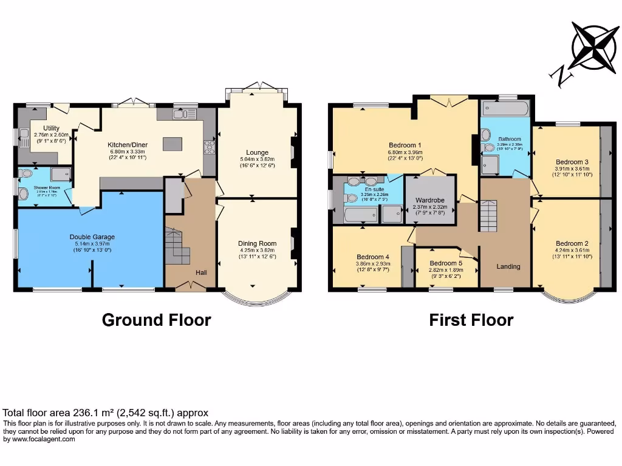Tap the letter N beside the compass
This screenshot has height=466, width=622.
558,75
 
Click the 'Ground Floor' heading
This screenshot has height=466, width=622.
156,320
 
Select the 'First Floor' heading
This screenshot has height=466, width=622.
471,320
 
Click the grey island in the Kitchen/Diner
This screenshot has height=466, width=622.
172,144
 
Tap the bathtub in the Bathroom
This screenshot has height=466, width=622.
505,110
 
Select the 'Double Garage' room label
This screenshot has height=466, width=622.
92,237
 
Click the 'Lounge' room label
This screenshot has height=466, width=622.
258,152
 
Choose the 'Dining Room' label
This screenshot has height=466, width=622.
257,243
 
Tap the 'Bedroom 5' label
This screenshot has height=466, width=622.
442,263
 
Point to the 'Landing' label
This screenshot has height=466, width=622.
508,266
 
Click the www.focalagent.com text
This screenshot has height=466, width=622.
44,439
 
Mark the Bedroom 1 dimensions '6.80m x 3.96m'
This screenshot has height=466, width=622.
406,152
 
